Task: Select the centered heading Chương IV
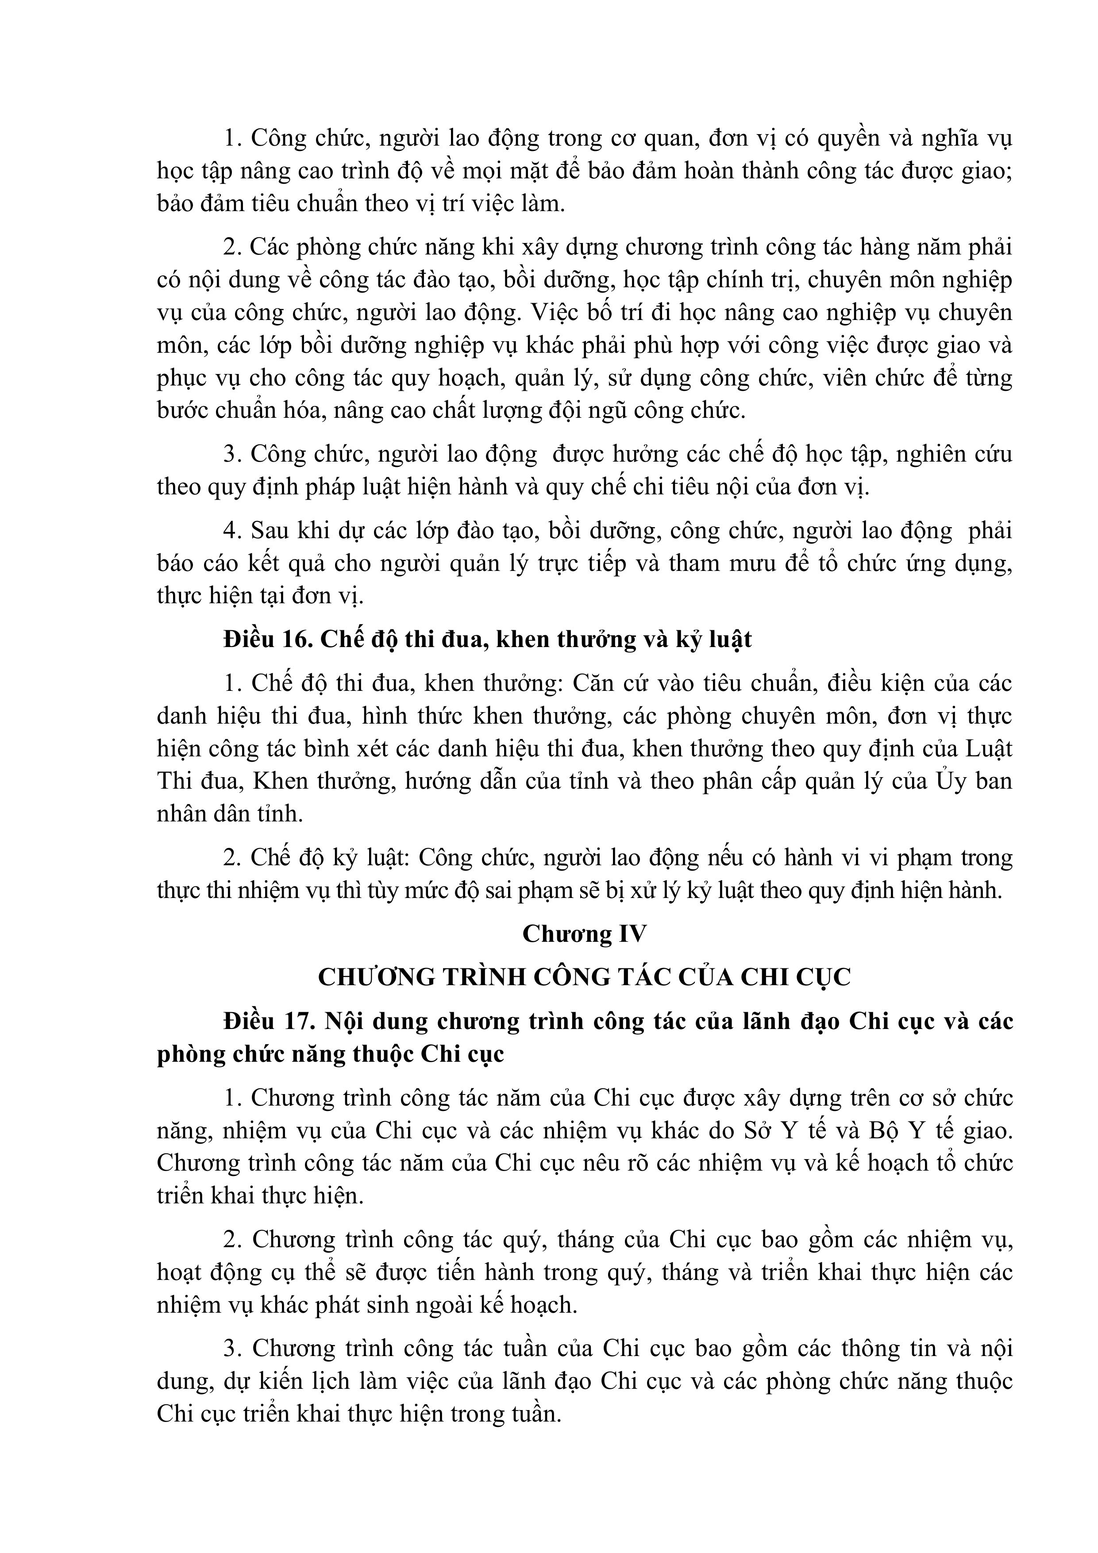point(585,934)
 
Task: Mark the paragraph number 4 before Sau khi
point(233,531)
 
